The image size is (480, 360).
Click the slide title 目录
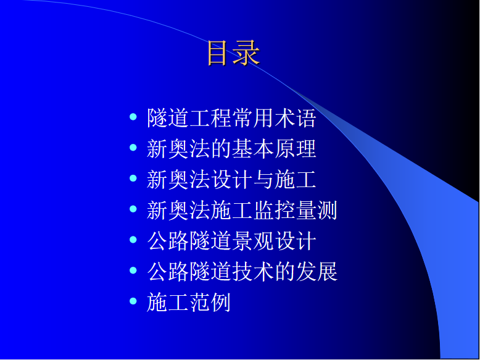(x=233, y=53)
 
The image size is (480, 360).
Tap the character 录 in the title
(x=247, y=53)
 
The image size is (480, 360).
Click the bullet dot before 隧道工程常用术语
(x=133, y=117)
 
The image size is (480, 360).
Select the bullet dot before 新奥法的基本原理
(x=133, y=148)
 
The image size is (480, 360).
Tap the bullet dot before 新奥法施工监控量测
(x=133, y=209)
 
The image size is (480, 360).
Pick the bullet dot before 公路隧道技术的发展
(x=133, y=270)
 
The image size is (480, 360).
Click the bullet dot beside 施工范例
(x=133, y=301)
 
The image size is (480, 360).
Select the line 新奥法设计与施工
(x=231, y=179)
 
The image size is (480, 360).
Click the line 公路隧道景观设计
(x=231, y=241)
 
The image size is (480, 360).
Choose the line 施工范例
(x=189, y=302)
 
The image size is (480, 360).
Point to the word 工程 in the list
(x=210, y=118)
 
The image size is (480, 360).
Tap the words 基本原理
(x=274, y=149)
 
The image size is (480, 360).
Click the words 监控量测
(x=295, y=210)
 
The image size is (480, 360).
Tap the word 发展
(x=317, y=272)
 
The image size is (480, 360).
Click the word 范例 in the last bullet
(x=210, y=302)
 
